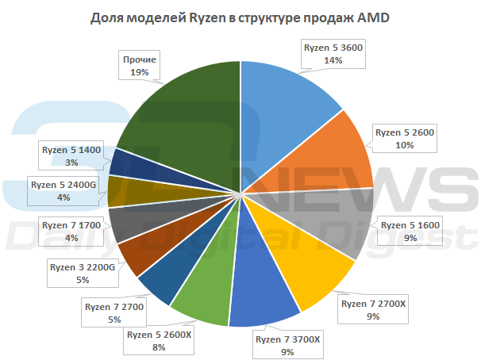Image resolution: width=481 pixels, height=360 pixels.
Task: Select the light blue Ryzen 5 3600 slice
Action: [286, 103]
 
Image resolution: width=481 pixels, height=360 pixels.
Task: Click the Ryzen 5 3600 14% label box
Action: [333, 53]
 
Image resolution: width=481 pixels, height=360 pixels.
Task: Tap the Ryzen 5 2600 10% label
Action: [406, 138]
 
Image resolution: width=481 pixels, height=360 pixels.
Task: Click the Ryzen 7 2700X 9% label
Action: [373, 309]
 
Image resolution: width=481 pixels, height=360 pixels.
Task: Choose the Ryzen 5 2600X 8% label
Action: [158, 339]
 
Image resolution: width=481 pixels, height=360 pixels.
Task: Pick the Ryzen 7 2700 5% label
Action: [114, 312]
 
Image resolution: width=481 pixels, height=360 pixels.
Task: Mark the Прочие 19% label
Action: [139, 65]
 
